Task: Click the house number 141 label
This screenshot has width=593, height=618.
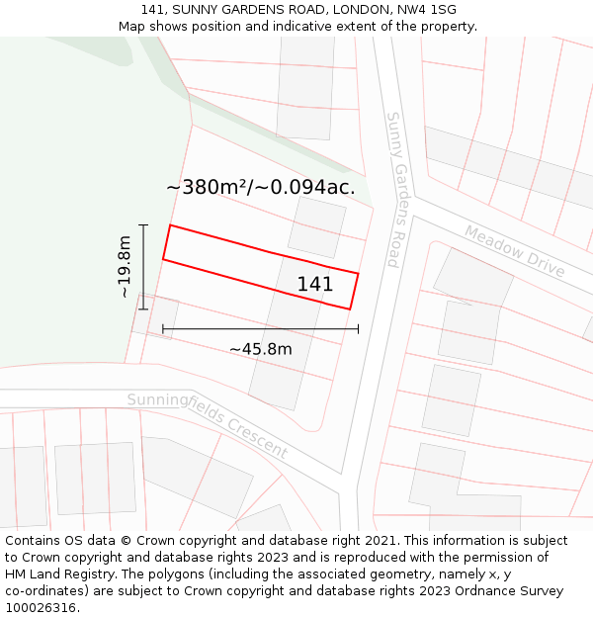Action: pos(315,285)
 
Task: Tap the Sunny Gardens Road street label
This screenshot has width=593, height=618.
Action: pos(393,189)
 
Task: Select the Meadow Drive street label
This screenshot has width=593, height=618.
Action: pos(514,252)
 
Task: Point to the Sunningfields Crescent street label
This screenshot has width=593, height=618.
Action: pos(207,424)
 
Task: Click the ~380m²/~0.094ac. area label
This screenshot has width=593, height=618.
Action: pos(260,187)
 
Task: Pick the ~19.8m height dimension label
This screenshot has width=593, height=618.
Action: pos(125,267)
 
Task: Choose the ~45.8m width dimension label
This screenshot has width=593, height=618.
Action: pos(261,349)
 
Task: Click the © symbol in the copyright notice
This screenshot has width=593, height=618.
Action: pos(126,541)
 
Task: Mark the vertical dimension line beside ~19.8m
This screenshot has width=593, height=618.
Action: pos(143,267)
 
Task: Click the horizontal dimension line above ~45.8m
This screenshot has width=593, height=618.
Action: pos(261,328)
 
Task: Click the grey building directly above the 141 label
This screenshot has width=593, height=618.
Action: pos(316,226)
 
